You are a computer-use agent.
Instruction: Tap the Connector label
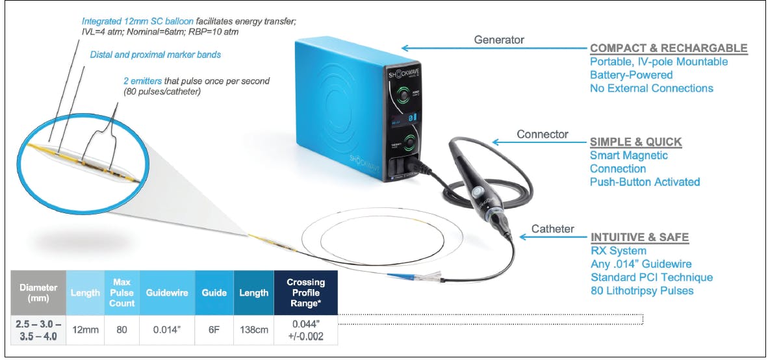click(x=543, y=135)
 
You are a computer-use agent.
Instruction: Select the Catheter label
click(x=552, y=228)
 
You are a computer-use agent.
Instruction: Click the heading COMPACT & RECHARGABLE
click(x=668, y=48)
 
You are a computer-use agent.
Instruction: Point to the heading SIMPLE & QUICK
click(x=635, y=142)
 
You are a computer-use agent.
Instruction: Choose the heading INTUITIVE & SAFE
click(x=639, y=238)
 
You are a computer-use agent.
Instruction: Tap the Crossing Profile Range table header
click(x=306, y=293)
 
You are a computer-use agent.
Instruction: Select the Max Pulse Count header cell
click(x=122, y=293)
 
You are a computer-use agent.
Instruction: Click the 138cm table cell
click(x=254, y=329)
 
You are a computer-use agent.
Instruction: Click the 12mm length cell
click(x=85, y=329)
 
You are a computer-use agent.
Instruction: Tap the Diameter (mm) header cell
click(x=38, y=293)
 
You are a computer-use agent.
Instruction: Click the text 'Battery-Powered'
click(x=631, y=75)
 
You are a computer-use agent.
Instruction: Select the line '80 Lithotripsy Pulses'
click(x=641, y=290)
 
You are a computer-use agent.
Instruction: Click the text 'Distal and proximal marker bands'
click(x=155, y=55)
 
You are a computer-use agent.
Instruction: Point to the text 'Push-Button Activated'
click(x=645, y=182)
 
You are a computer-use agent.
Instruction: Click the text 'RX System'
click(x=618, y=251)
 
